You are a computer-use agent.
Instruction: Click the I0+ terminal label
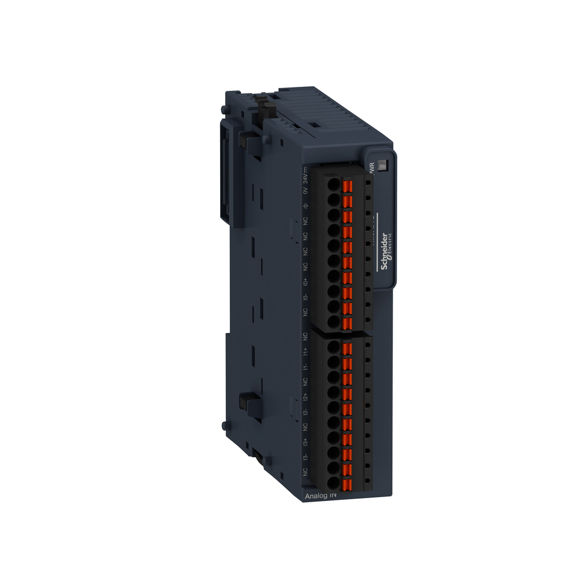pos(305,281)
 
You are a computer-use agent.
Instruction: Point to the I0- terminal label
pos(305,297)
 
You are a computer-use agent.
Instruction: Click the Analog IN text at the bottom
pos(321,495)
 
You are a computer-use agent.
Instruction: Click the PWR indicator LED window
pos(382,165)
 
